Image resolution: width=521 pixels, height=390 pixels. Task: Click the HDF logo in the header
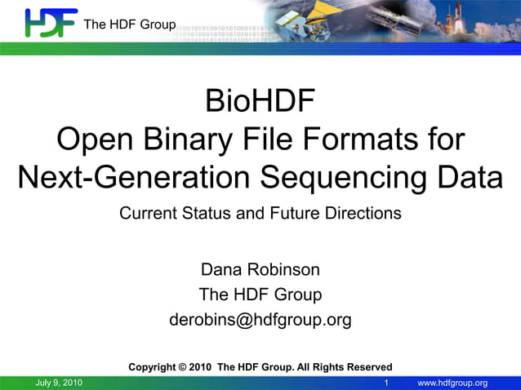51,23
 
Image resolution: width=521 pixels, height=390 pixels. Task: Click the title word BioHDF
260,104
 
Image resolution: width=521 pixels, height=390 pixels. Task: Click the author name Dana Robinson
260,269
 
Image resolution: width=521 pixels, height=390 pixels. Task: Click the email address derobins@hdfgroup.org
260,320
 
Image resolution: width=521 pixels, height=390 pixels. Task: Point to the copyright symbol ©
184,367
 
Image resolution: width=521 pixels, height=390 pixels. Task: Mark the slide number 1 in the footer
386,383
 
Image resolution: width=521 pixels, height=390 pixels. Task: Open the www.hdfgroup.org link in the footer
452,383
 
